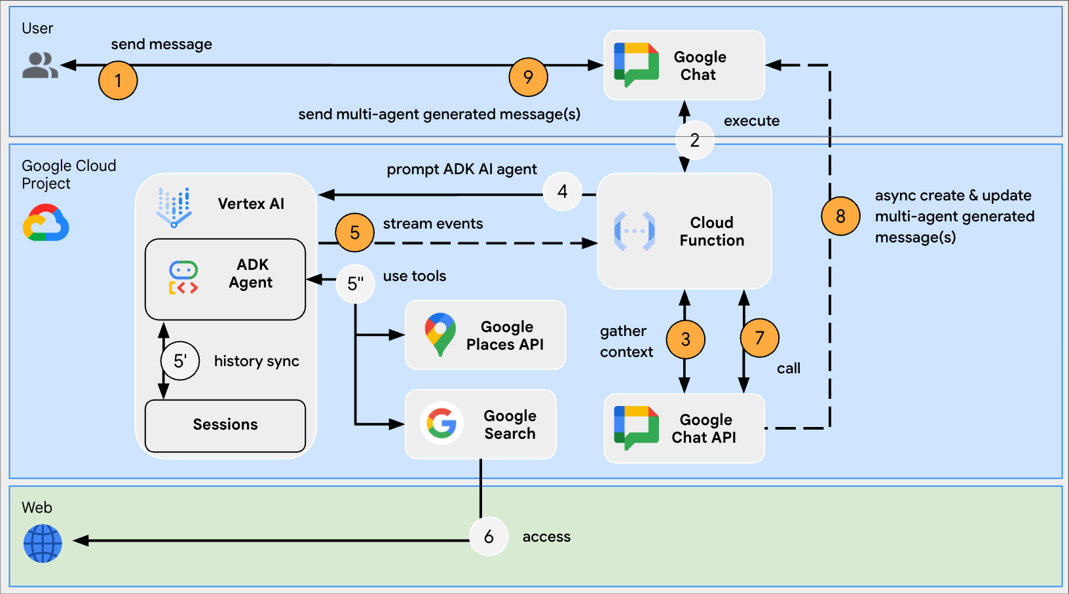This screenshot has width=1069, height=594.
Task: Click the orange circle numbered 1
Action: coord(118,81)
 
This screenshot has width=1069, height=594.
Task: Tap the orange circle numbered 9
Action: coord(528,77)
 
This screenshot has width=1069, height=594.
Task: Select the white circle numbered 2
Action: coord(694,140)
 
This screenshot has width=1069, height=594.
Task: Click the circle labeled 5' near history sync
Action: coord(180,361)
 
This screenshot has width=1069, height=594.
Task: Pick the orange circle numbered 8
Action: coord(840,216)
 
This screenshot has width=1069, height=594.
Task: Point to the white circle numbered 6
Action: coord(489,536)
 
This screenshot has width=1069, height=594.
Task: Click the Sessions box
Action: coord(225,425)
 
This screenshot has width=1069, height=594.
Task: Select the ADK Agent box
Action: coord(225,279)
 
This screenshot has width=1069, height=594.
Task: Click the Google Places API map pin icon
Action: coord(440,334)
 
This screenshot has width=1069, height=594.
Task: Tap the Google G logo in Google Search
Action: coord(441,423)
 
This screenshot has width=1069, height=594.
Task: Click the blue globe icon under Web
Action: coord(43,544)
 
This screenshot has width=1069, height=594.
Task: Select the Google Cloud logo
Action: coord(46,223)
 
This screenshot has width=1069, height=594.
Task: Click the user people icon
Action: coord(40,65)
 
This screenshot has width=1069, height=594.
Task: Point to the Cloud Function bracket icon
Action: coord(634,231)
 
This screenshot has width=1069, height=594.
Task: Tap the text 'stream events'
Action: coord(433,224)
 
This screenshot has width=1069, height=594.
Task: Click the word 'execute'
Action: coord(751,121)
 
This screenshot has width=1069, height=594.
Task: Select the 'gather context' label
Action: coord(626,341)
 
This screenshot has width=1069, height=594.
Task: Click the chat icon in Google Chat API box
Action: coord(636,428)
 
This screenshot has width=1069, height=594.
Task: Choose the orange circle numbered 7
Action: coord(759,338)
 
